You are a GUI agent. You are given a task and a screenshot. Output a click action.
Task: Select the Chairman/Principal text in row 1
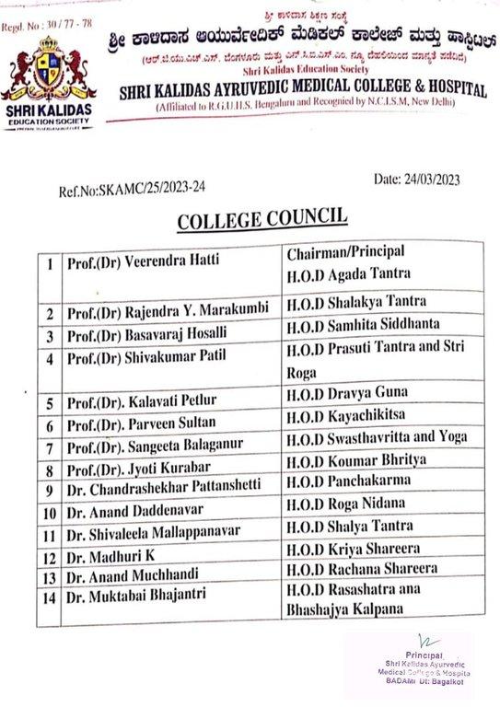click(342, 251)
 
